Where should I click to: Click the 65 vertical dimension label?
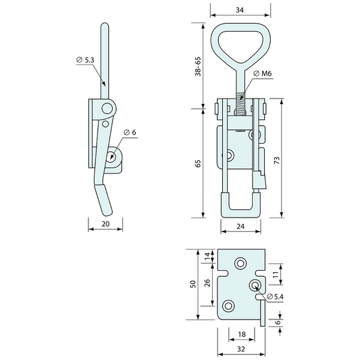point(198,163)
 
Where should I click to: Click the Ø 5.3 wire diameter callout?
point(86,60)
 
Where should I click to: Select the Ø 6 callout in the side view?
point(130,132)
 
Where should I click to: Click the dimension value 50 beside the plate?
point(192,284)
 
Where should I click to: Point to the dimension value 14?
point(207,257)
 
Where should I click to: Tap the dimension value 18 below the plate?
point(241,334)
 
